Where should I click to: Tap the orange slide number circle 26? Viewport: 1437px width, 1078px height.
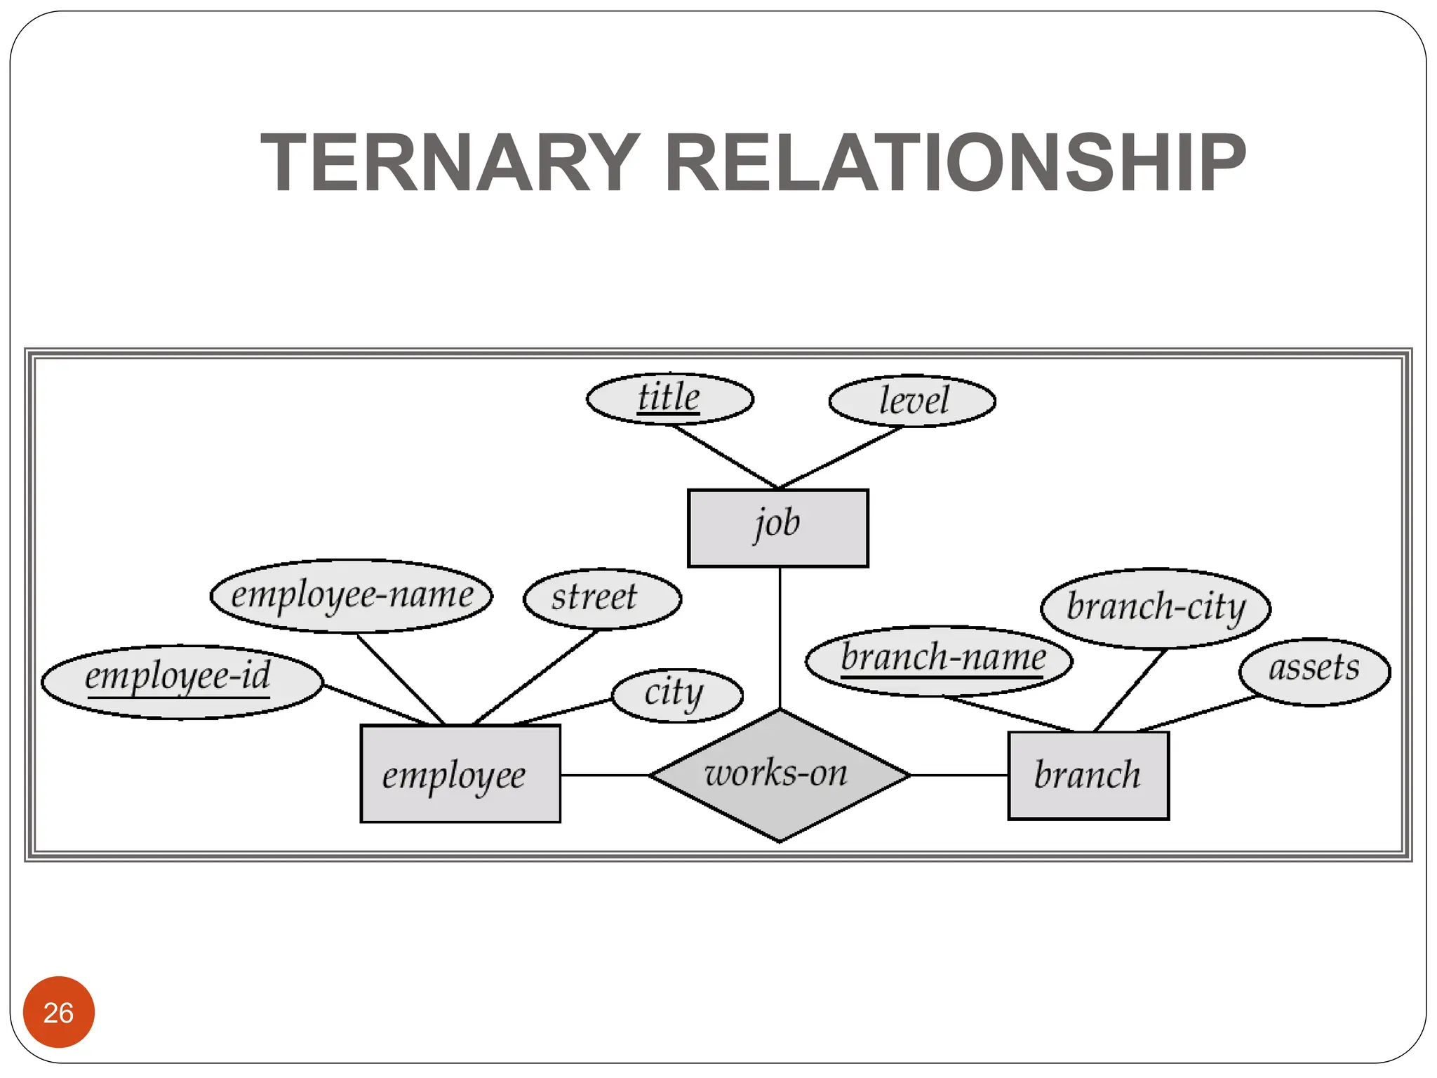click(x=58, y=1011)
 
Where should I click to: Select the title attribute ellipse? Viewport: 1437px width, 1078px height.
click(x=669, y=399)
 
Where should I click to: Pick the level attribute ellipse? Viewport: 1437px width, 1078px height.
click(x=912, y=401)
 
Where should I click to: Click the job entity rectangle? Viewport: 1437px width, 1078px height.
click(x=777, y=528)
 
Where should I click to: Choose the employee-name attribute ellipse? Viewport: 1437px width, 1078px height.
click(x=352, y=596)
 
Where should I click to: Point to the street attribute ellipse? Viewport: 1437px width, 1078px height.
click(x=602, y=599)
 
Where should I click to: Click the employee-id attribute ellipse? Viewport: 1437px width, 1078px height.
click(x=182, y=681)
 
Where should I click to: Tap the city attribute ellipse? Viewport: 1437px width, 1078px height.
click(x=677, y=695)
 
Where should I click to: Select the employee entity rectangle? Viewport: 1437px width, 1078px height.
click(x=460, y=773)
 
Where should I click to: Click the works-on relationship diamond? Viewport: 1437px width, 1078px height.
click(x=779, y=775)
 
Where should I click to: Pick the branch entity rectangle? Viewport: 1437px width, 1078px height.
click(x=1088, y=776)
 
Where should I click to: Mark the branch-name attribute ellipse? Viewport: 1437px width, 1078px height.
click(x=939, y=660)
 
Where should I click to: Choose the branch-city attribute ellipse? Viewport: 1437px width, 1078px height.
click(x=1156, y=608)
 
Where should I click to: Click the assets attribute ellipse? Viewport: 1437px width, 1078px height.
click(x=1314, y=671)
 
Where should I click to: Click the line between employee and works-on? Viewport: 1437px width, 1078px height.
click(x=605, y=775)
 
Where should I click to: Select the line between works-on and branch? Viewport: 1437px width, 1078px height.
click(x=959, y=775)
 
